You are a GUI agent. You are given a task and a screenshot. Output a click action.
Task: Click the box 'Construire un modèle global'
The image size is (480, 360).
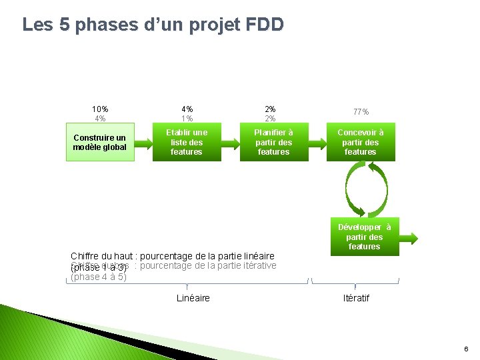100,142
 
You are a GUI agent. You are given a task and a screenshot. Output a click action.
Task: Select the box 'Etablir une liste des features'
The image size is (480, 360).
187,142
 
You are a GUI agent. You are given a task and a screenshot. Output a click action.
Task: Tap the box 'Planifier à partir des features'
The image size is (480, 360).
273,142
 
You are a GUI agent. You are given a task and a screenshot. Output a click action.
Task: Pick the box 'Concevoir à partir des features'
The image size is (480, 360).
361,142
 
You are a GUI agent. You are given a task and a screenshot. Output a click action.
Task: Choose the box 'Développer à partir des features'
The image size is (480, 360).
364,237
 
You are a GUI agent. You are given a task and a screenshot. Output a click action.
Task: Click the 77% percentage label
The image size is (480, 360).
361,112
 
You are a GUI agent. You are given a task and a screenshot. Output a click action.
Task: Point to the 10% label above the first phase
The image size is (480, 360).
100,109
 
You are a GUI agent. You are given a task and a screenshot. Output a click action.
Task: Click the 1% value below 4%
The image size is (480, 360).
187,119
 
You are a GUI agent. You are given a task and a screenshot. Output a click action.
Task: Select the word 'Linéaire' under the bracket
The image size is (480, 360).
193,298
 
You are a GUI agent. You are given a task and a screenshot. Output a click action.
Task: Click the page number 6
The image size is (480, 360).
466,349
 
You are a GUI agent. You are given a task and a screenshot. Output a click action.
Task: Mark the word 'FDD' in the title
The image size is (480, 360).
265,25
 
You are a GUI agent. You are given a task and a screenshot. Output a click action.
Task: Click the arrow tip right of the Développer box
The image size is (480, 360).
415,237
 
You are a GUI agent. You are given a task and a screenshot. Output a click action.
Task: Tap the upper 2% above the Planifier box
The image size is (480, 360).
270,109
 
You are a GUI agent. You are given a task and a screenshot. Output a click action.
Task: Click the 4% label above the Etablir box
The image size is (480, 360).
187,109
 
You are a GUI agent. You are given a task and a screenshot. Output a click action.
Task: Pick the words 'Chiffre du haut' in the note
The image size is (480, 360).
101,256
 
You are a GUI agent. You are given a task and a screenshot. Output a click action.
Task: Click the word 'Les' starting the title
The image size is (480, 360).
36,25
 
